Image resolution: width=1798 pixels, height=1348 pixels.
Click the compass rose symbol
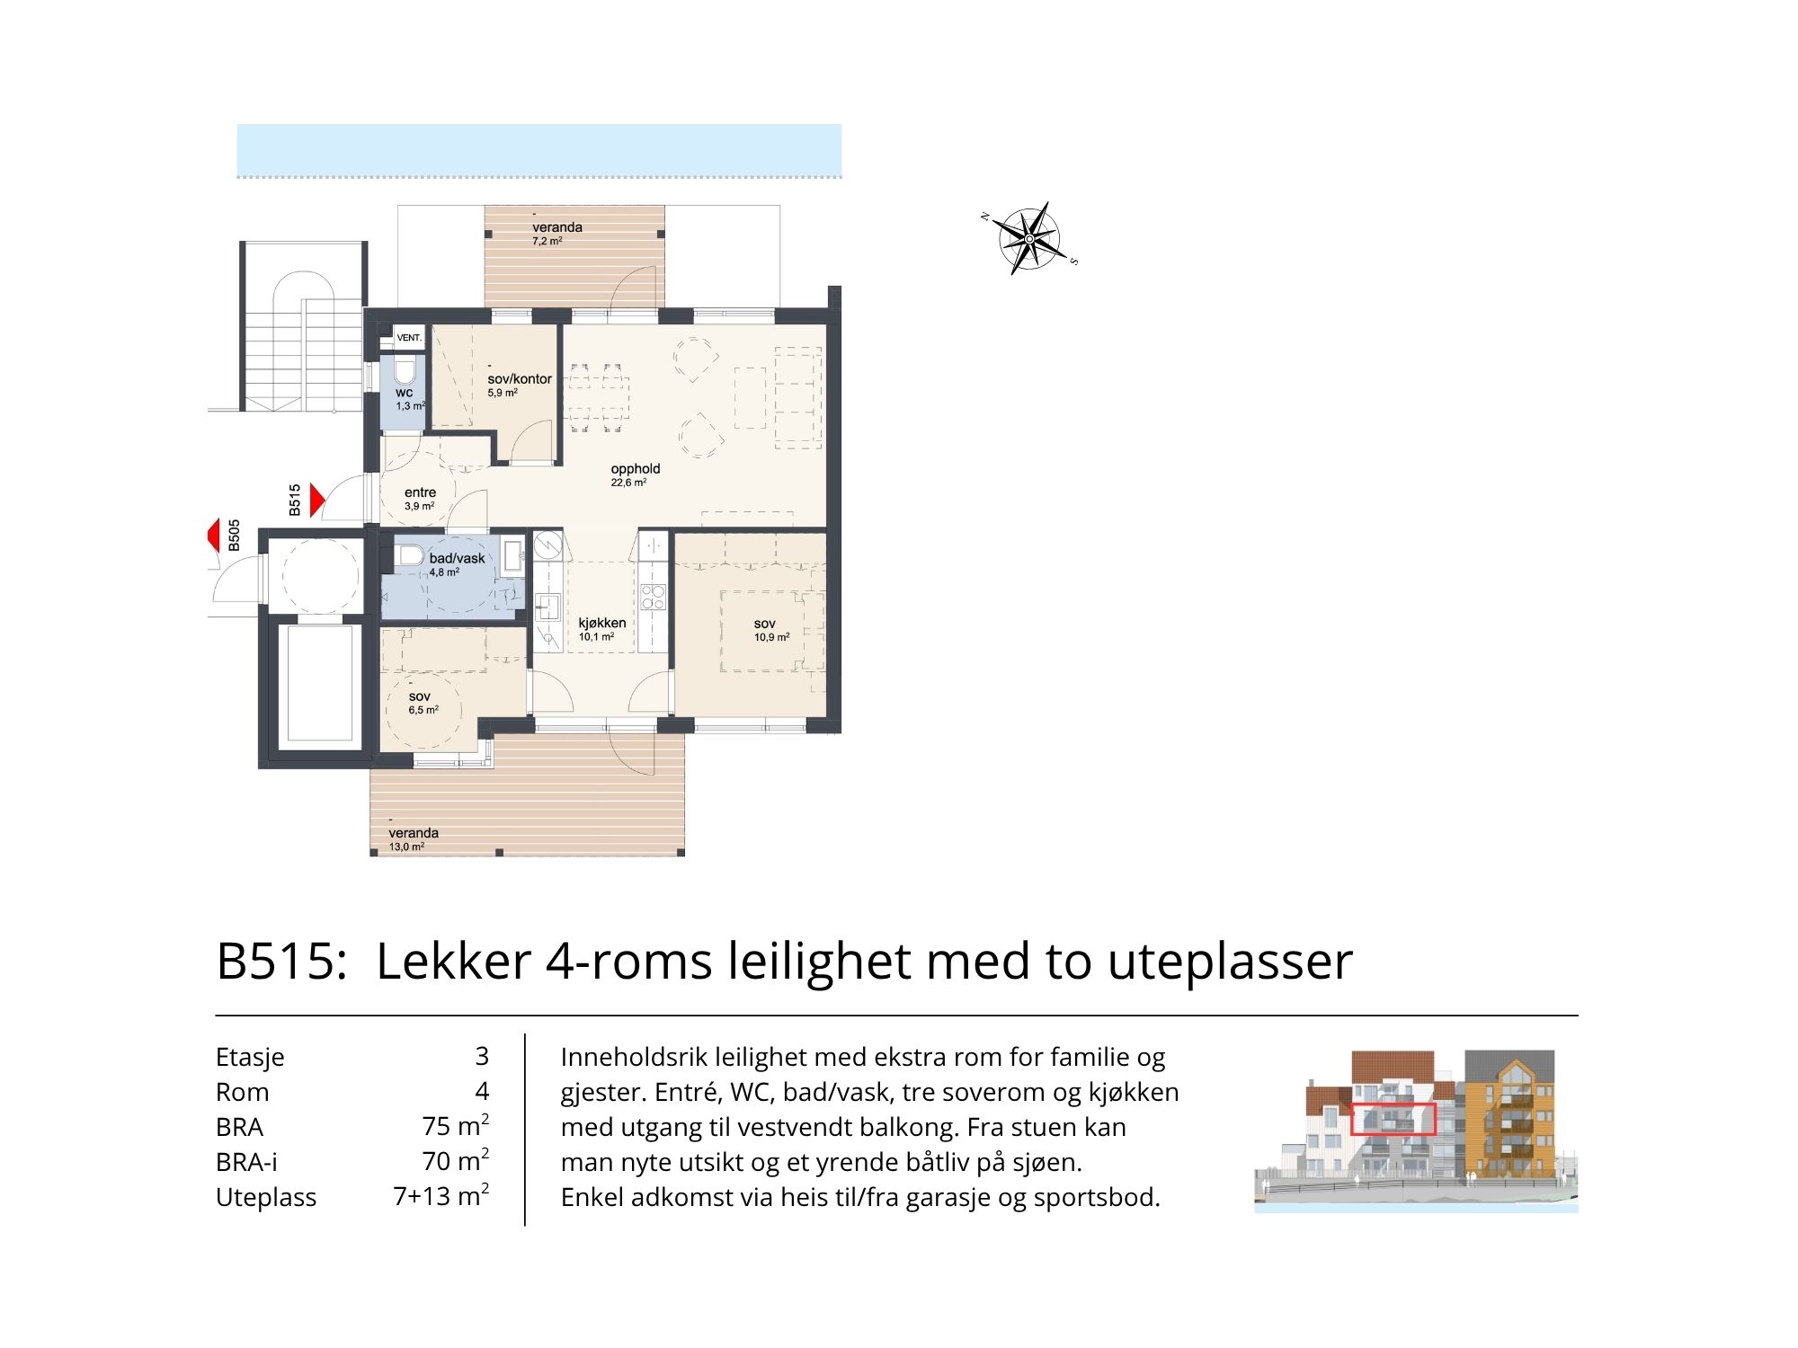pos(1029,238)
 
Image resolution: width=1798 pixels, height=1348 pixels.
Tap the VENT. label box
pos(409,338)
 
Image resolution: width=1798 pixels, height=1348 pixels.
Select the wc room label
pos(405,393)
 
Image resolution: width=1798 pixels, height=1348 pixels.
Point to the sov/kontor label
pos(520,379)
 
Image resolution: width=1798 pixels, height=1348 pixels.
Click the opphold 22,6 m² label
pos(635,474)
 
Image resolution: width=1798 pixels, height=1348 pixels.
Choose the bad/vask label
pos(457,558)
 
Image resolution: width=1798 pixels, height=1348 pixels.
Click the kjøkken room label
pos(601,623)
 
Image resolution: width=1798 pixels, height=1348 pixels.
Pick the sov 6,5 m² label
pos(423,703)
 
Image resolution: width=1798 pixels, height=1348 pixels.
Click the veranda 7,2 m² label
pos(556,234)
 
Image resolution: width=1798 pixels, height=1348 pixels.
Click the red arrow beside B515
pos(317,501)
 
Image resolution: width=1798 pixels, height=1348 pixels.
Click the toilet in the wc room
pos(405,371)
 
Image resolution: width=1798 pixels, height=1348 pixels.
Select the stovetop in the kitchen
pos(653,598)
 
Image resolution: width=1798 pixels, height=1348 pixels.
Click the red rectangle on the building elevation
pos(1393,1120)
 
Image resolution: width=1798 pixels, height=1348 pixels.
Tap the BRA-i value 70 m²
pos(456,1160)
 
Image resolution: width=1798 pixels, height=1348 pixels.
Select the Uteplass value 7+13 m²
pos(441,1195)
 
